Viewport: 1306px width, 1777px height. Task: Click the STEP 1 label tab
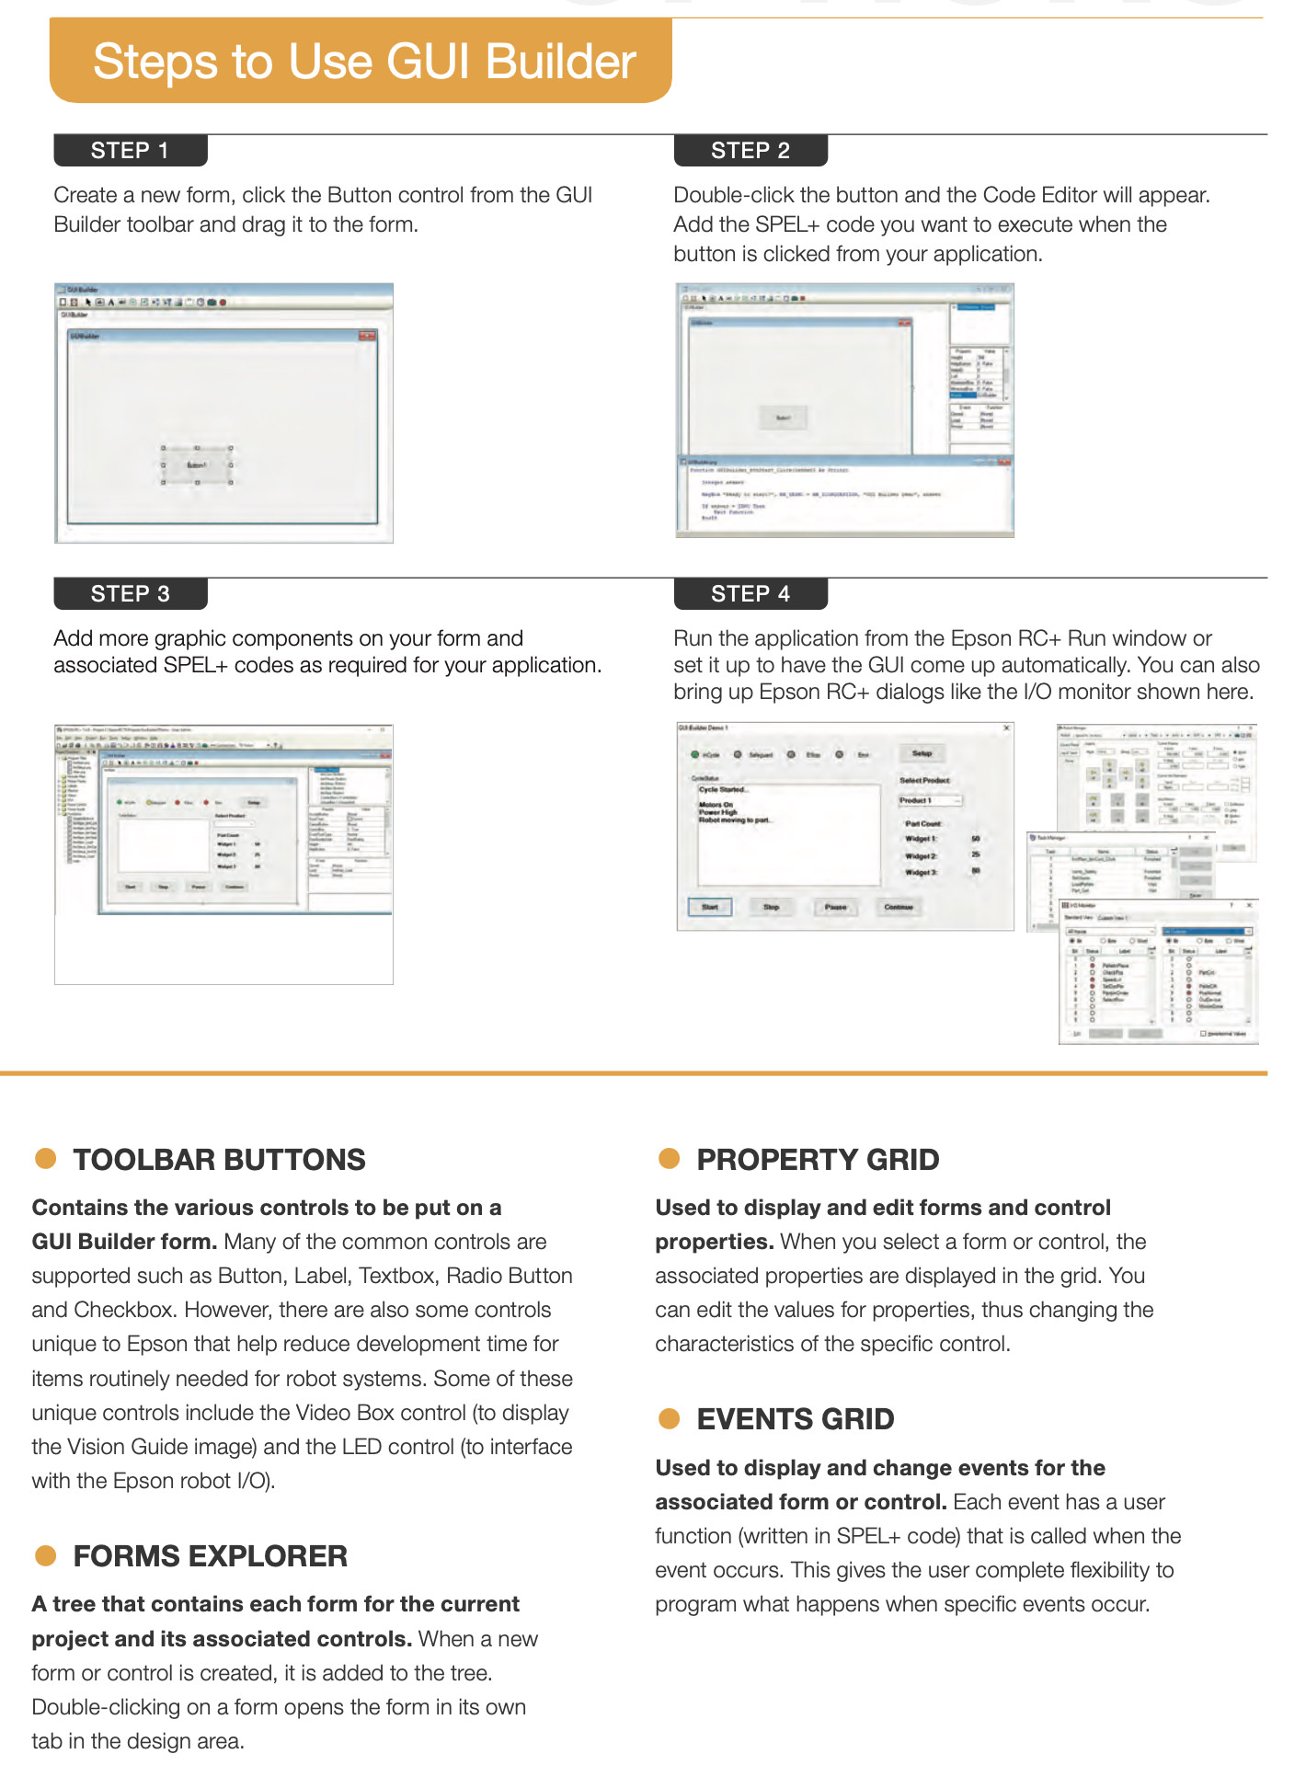pyautogui.click(x=130, y=151)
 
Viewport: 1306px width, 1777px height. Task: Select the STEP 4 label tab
pyautogui.click(x=750, y=594)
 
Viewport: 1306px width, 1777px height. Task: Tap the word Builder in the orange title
pyautogui.click(x=560, y=63)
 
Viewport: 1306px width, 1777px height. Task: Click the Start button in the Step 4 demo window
pyautogui.click(x=710, y=908)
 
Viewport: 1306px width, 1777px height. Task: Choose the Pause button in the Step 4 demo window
pyautogui.click(x=835, y=908)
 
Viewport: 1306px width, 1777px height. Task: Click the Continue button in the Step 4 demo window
pyautogui.click(x=899, y=908)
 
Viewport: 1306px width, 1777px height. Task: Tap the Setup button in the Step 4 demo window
pyautogui.click(x=922, y=753)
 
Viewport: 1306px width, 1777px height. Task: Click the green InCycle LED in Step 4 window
pyautogui.click(x=695, y=755)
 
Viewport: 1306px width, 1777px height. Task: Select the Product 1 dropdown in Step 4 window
pyautogui.click(x=930, y=801)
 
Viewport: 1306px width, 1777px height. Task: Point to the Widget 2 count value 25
pyautogui.click(x=976, y=855)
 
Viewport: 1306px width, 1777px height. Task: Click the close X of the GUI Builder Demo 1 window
pyautogui.click(x=1006, y=728)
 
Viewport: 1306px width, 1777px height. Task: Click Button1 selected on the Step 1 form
pyautogui.click(x=197, y=465)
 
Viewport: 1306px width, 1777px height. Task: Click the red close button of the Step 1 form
pyautogui.click(x=368, y=336)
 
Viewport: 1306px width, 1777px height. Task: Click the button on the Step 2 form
pyautogui.click(x=783, y=418)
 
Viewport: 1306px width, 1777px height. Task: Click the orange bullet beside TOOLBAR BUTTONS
pyautogui.click(x=46, y=1159)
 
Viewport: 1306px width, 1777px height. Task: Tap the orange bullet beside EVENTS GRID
pyautogui.click(x=669, y=1418)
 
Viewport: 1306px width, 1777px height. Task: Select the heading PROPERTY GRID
pyautogui.click(x=818, y=1160)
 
